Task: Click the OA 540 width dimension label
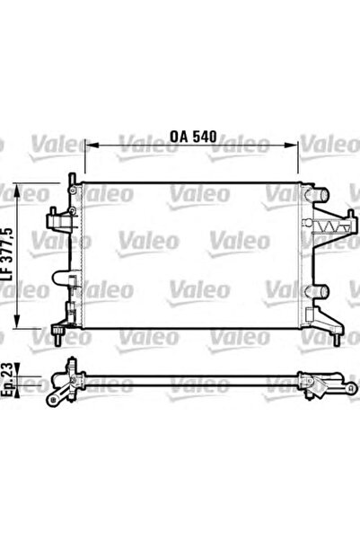(193, 137)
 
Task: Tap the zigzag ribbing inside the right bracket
(332, 227)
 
